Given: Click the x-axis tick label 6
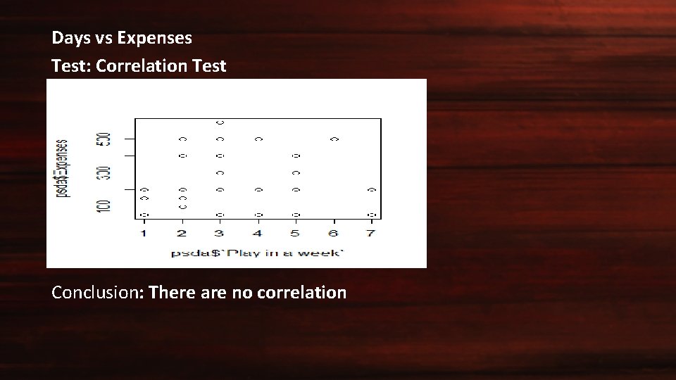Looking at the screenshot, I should [x=334, y=233].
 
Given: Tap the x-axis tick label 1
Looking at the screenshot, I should [x=144, y=233].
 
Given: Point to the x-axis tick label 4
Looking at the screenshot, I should [x=258, y=233].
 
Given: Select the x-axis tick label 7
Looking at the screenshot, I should [x=372, y=233].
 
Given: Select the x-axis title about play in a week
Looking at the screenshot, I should [x=258, y=253].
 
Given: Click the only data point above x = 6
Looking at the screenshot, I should [x=334, y=139].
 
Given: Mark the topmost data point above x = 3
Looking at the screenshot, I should [x=220, y=122].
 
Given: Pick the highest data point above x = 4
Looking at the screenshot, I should [x=258, y=139].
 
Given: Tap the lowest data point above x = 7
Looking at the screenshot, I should [x=372, y=215].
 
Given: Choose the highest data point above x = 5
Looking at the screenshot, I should [x=296, y=156].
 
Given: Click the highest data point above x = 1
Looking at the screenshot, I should [x=144, y=189].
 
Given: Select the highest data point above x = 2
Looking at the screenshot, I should [x=182, y=139].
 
